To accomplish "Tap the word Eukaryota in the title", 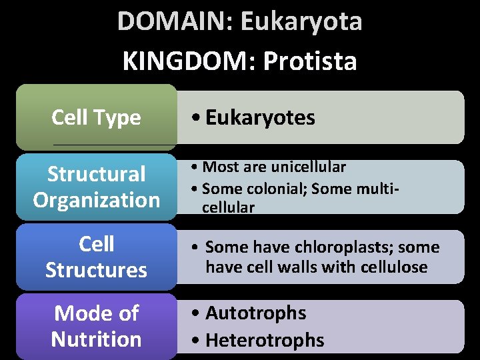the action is pyautogui.click(x=301, y=21).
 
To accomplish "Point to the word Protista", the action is pyautogui.click(x=310, y=61).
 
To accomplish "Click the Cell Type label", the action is pyautogui.click(x=96, y=117).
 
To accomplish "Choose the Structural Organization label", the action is pyautogui.click(x=97, y=187).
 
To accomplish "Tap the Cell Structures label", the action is pyautogui.click(x=96, y=257).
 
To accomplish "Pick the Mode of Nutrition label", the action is pyautogui.click(x=96, y=326).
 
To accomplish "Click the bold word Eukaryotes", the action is pyautogui.click(x=260, y=118).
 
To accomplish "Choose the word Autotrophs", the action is pyautogui.click(x=255, y=313).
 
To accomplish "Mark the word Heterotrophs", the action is pyautogui.click(x=265, y=340).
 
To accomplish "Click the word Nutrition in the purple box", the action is pyautogui.click(x=96, y=339).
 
